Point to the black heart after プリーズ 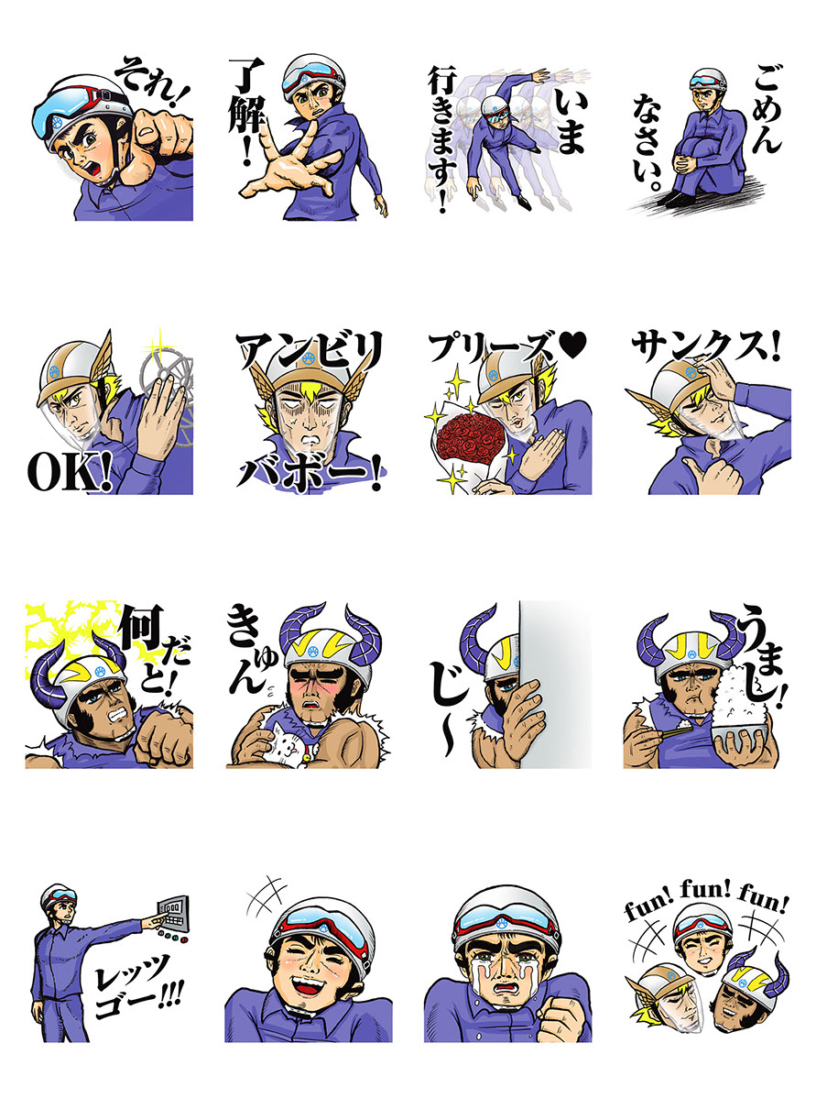tap(572, 346)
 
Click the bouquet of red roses tap(469, 438)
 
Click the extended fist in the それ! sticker tap(161, 139)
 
